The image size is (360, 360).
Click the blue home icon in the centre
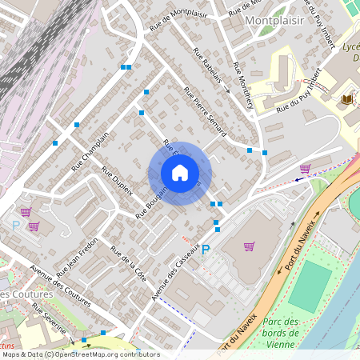[x=180, y=173]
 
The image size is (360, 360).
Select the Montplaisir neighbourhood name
[x=275, y=21]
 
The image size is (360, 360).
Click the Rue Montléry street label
[x=243, y=86]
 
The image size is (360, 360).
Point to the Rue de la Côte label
[x=128, y=258]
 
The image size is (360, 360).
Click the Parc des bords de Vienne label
[x=281, y=333]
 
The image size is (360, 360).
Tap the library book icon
[x=347, y=98]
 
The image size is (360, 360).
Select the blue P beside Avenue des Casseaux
[x=206, y=250]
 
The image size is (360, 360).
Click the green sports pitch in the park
[x=310, y=287]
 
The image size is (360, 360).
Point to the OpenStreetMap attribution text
[x=80, y=354]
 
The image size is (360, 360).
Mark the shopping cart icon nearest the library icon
[x=305, y=169]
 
